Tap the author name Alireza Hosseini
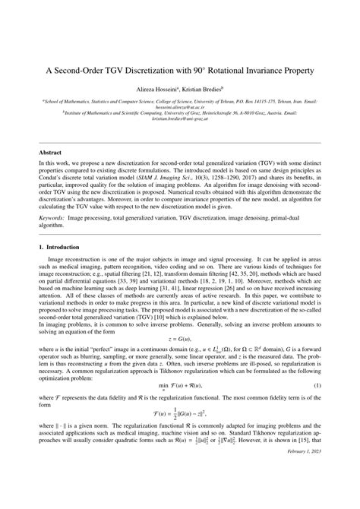(156, 90)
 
